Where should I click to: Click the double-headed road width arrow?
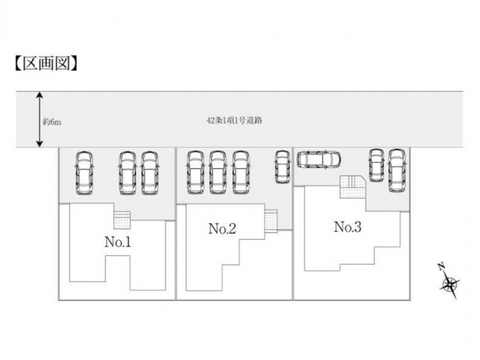[x=40, y=119]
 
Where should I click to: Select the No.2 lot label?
[x=222, y=229]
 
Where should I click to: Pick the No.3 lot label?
[x=347, y=227]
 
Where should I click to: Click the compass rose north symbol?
[x=449, y=284]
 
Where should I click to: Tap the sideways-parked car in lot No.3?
[x=319, y=160]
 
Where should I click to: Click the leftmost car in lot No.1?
[x=84, y=172]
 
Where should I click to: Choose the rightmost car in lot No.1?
[x=150, y=172]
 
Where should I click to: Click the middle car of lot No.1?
[x=127, y=172]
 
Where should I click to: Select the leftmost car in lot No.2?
[x=196, y=172]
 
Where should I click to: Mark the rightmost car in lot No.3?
[x=397, y=170]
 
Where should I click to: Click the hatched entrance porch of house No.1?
[x=122, y=218]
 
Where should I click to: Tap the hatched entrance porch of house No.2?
[x=271, y=220]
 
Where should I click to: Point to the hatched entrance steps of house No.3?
[x=352, y=187]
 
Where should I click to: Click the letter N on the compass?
[x=440, y=266]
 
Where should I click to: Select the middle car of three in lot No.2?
[x=218, y=172]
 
